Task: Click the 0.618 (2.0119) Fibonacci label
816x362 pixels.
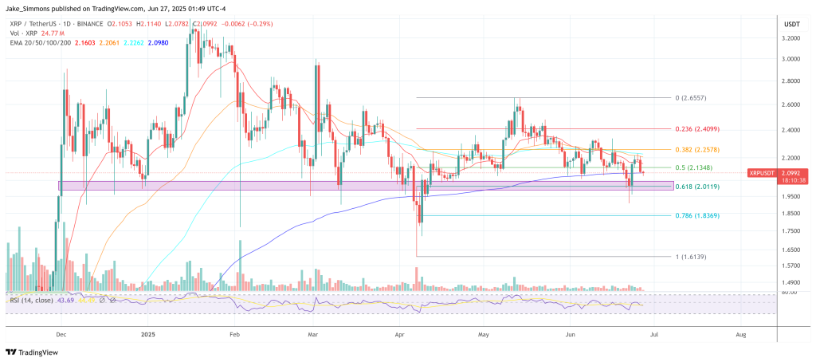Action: pos(698,187)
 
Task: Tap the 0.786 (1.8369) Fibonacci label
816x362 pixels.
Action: pos(698,215)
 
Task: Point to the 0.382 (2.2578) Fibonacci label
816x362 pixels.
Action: pos(698,149)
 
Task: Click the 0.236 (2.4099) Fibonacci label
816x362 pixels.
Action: pos(698,128)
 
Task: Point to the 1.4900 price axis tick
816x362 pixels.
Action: pos(790,282)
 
